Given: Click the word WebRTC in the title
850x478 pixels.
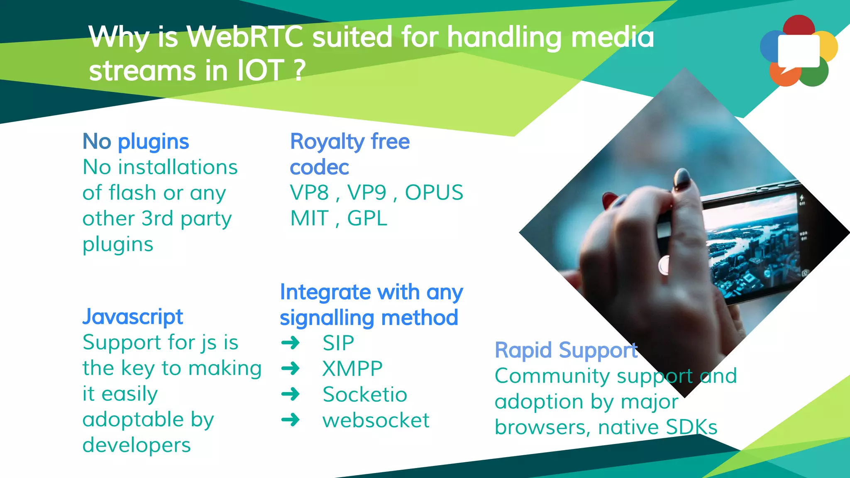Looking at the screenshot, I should coord(245,37).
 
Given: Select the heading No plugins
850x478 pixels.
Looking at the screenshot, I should coord(136,141).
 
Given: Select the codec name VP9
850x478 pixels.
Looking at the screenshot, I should coord(367,193).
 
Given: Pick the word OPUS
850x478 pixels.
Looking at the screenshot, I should coord(434,193).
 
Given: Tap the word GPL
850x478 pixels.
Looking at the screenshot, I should coord(367,219).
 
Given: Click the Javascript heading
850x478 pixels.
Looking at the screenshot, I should coord(132,317).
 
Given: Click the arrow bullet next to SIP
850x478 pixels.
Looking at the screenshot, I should coord(291,343).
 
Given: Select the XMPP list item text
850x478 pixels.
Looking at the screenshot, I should coord(352,368).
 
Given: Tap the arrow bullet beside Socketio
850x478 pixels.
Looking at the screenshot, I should coord(291,394).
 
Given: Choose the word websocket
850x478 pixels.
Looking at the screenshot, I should coord(376,420).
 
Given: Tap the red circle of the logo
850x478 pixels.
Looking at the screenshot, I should coord(799,25).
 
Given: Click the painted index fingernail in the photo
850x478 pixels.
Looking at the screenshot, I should coord(682,179).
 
